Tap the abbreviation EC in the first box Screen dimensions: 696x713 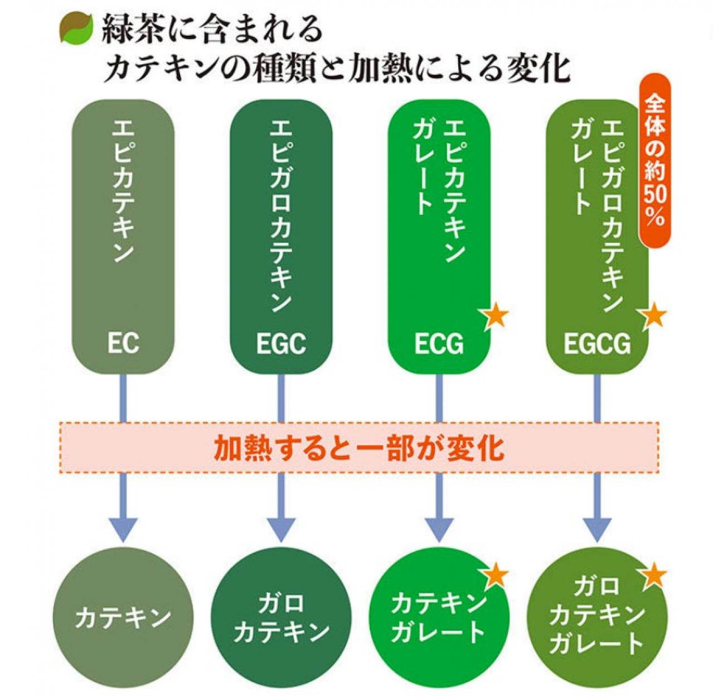pos(123,343)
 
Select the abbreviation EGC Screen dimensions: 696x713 pos(281,343)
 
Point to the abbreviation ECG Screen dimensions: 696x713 pos(439,343)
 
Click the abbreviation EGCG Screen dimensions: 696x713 pos(597,343)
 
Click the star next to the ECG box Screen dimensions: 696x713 pos(495,316)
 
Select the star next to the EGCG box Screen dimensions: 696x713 pos(653,316)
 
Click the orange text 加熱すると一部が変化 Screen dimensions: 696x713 pos(359,448)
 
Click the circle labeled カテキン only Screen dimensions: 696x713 pos(123,617)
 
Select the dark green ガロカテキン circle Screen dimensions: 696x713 pos(281,617)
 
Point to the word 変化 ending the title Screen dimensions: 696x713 pos(538,68)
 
